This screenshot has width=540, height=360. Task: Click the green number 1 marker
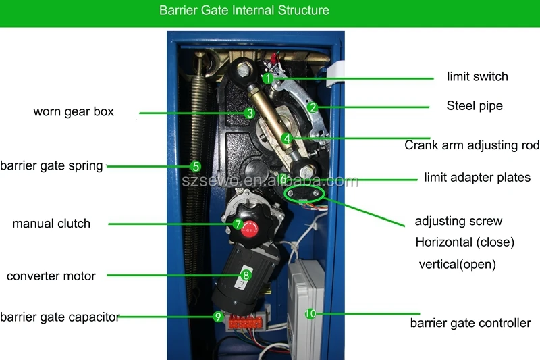tap(267, 78)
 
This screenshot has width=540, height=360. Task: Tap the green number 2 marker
tap(312, 107)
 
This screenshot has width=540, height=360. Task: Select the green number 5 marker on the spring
tap(195, 165)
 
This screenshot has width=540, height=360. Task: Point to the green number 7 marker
tap(238, 224)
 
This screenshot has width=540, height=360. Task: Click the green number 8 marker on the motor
tap(246, 275)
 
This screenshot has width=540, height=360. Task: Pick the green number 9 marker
tap(217, 315)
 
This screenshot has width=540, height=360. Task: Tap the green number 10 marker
tap(310, 314)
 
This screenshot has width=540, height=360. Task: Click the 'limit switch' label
tap(477, 76)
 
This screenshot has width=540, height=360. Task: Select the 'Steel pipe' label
tap(475, 106)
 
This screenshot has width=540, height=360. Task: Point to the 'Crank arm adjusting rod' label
tap(472, 145)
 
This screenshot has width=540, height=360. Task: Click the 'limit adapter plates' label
tap(477, 178)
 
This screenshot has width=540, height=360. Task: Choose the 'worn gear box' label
tap(74, 111)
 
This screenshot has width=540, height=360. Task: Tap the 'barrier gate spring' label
tap(52, 165)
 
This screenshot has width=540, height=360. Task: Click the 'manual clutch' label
tap(51, 224)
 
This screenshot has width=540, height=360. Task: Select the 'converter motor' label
tap(51, 276)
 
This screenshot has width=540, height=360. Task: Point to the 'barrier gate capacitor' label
tap(60, 317)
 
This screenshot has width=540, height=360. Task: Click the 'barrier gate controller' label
tap(470, 323)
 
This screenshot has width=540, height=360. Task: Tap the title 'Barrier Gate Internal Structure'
tap(244, 11)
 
